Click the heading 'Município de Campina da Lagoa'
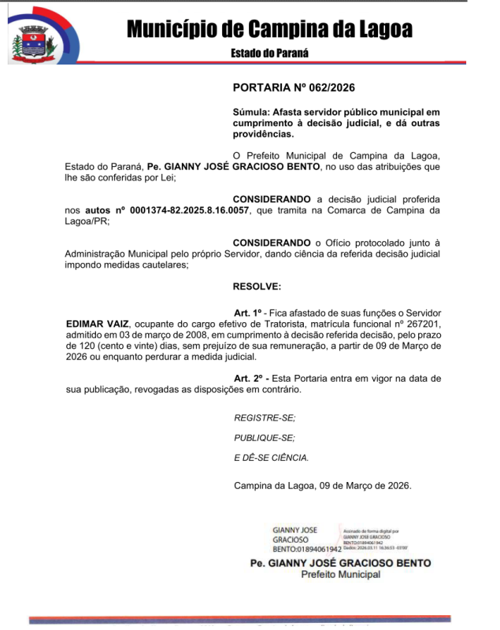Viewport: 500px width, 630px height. click(x=269, y=30)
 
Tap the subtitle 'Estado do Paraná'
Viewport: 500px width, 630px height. click(x=269, y=54)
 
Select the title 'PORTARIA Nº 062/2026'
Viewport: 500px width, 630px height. click(x=288, y=88)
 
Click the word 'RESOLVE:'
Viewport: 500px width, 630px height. click(x=257, y=286)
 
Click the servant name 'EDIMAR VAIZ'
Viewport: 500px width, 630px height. click(x=94, y=323)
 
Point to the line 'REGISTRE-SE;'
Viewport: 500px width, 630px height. click(x=265, y=418)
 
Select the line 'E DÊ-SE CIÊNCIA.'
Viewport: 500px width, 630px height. click(x=271, y=458)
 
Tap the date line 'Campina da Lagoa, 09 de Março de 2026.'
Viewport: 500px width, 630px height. click(x=322, y=485)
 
